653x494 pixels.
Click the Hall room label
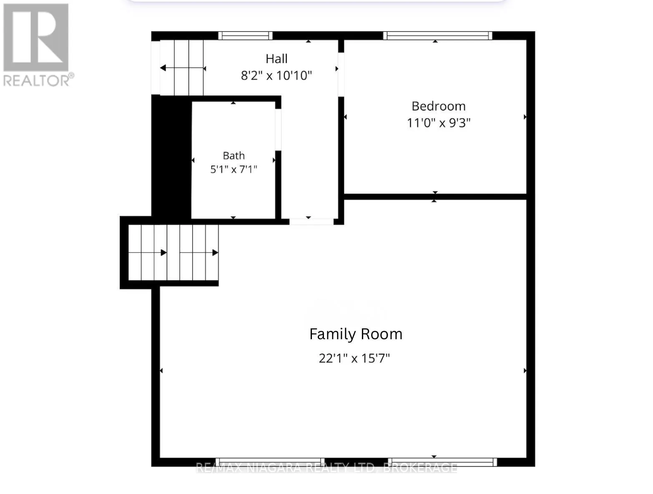[x=276, y=59]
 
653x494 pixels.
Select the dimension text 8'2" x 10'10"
[x=276, y=75]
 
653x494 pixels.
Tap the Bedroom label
[x=439, y=106]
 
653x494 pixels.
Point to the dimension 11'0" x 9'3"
[x=439, y=123]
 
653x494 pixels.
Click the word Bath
[x=234, y=155]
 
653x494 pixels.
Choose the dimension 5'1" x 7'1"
[x=234, y=169]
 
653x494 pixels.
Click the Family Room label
[x=356, y=334]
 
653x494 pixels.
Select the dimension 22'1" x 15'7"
[x=354, y=358]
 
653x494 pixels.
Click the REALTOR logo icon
[x=36, y=37]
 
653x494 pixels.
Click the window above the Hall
[x=246, y=36]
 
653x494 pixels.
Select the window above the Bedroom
[x=437, y=36]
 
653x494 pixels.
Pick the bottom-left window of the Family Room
[x=270, y=462]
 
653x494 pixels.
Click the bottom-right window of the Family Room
[x=442, y=462]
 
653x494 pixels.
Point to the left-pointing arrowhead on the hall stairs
[x=163, y=68]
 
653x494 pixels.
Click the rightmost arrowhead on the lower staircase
[x=215, y=253]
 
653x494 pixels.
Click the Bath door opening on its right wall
[x=278, y=130]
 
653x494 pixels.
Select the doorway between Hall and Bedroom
[x=341, y=75]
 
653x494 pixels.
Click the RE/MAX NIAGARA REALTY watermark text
[x=326, y=468]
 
